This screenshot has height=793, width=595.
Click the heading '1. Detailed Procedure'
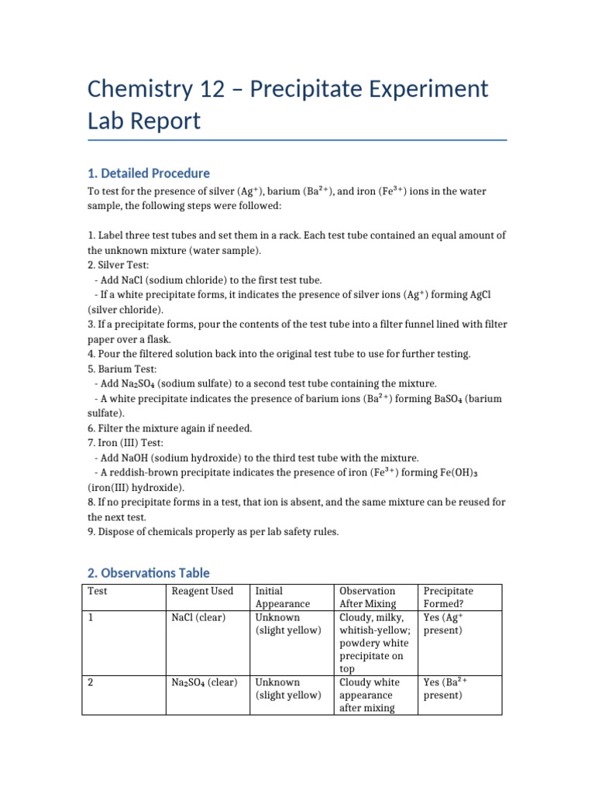point(148,173)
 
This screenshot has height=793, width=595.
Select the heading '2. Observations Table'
point(148,573)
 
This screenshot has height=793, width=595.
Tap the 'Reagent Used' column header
point(201,591)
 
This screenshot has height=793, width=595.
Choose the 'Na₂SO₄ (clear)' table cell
point(204,683)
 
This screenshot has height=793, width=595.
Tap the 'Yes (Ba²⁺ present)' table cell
point(445,689)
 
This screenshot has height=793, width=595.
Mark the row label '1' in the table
point(91,618)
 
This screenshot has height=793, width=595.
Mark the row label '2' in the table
point(91,683)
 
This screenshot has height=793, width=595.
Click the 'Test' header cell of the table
point(97,591)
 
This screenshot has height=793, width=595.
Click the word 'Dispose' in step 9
point(115,531)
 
